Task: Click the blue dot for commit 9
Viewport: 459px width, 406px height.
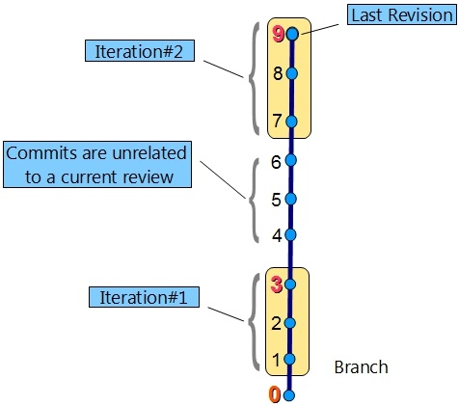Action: [292, 34]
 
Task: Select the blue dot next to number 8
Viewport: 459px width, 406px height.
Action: [292, 73]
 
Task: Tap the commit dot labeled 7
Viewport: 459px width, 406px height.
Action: [291, 122]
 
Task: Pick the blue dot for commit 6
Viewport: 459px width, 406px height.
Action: [291, 160]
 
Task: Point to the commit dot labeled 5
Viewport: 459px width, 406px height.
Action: [290, 199]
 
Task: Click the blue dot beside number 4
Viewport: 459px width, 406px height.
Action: [290, 235]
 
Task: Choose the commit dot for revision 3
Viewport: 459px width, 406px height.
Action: [290, 284]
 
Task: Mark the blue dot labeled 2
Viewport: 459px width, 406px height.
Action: [289, 323]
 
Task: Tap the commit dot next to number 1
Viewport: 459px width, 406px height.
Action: [289, 359]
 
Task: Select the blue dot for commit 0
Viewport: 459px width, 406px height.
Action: [289, 395]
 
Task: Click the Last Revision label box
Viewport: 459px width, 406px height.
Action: [402, 14]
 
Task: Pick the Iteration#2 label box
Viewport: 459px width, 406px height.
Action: [140, 50]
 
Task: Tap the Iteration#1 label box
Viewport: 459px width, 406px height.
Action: [144, 297]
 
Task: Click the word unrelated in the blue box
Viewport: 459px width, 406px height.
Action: [149, 153]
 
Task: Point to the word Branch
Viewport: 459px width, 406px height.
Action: [361, 366]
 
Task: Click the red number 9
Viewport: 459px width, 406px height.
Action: [278, 35]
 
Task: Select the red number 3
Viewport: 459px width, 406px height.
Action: [277, 285]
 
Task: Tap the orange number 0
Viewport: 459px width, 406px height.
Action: [275, 394]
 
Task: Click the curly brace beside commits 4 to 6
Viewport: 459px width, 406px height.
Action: [254, 200]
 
